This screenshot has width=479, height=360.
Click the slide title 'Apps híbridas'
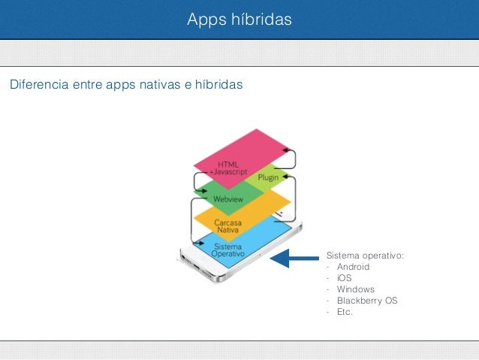coord(239,19)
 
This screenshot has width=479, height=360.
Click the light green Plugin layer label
coord(267,178)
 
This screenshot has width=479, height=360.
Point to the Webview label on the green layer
coord(227,199)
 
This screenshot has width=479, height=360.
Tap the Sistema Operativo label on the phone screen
coord(227,250)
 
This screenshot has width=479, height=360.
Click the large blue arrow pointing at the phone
coord(294,259)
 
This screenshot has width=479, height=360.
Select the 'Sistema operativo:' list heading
coord(364,256)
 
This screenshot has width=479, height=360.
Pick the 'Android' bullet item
coord(353,267)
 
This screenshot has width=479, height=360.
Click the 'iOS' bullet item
coord(344,278)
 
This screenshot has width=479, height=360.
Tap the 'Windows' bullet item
coord(355,289)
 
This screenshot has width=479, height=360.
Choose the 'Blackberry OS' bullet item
coord(367,301)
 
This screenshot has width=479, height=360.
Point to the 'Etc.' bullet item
coord(345,312)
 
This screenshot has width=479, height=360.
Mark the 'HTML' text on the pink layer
coord(229,163)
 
